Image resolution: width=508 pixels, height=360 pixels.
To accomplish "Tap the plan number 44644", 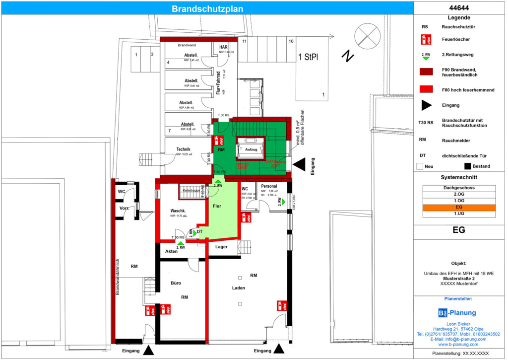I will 459,8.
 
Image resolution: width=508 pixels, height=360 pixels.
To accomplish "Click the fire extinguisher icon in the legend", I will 425,38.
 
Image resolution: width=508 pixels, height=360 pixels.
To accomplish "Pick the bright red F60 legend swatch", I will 426,89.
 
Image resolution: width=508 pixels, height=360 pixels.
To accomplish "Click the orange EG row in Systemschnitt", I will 459,208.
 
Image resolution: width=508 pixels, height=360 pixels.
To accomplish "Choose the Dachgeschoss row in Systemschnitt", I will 459,188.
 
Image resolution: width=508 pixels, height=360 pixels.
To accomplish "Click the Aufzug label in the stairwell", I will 251,149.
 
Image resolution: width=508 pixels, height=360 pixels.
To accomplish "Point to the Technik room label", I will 183,149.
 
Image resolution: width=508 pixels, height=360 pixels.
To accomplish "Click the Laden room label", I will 239,288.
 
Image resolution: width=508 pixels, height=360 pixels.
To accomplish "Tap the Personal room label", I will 268,186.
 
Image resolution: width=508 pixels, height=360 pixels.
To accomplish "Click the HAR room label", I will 223,47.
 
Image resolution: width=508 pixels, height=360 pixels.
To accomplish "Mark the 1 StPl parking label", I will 308,57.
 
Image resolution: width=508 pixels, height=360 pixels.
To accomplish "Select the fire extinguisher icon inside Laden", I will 280,305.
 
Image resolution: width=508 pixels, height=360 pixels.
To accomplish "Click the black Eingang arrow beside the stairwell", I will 299,164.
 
